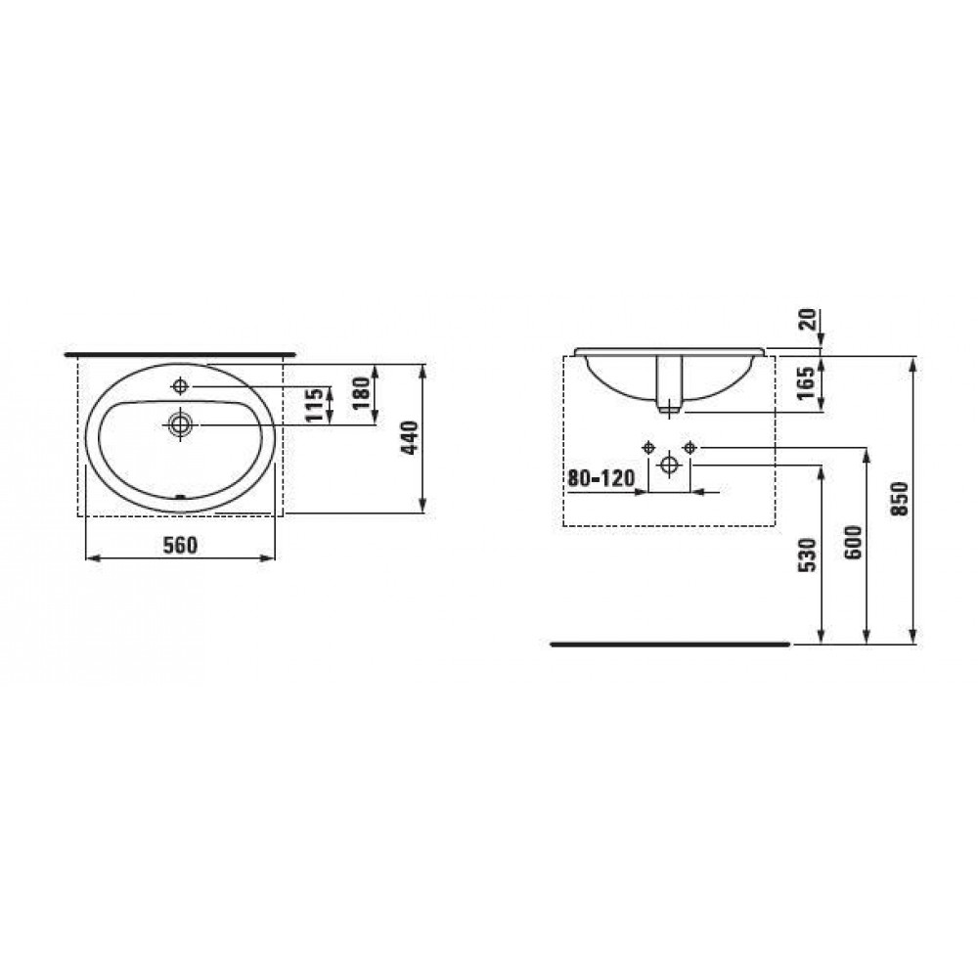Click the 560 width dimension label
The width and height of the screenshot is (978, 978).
point(180,545)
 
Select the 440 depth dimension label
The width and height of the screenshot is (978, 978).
point(410,438)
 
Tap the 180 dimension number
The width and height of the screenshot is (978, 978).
point(361,393)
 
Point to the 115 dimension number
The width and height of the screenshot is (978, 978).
point(316,404)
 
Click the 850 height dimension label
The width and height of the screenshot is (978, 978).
point(900,499)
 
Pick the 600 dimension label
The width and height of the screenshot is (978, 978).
point(854,542)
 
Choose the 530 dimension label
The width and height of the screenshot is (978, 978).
point(808,556)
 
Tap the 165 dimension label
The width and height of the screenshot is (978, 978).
point(806,383)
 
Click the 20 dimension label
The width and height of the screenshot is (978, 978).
point(807,320)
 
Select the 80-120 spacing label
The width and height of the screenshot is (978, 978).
point(601,478)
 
